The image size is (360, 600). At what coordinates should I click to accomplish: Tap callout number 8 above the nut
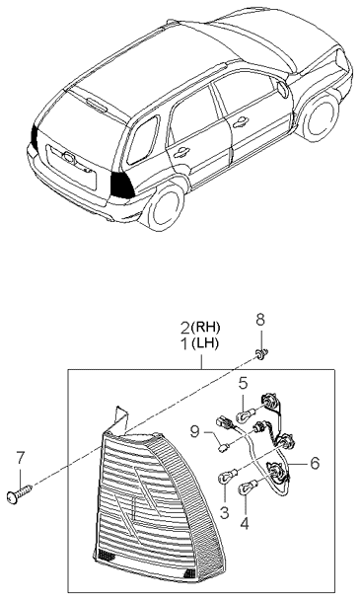click(x=260, y=347)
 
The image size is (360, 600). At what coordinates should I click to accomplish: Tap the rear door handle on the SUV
click(x=183, y=150)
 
